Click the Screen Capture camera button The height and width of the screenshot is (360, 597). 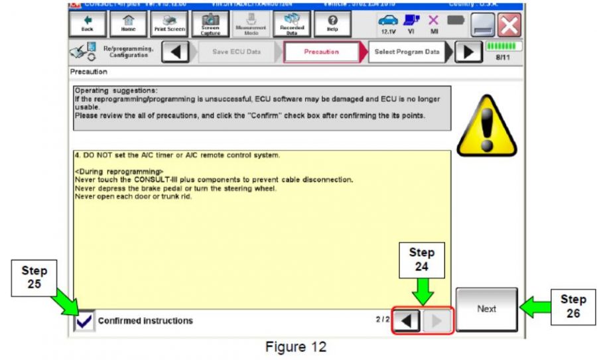tap(210, 24)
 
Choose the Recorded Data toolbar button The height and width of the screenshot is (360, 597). tap(292, 24)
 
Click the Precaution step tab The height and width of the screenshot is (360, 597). tap(321, 52)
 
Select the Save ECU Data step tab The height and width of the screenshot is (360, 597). tap(236, 52)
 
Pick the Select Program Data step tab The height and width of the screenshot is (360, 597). tap(407, 52)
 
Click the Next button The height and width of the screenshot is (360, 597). tap(486, 310)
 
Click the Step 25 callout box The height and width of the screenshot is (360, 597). tap(34, 278)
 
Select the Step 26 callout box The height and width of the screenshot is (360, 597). tap(572, 306)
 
